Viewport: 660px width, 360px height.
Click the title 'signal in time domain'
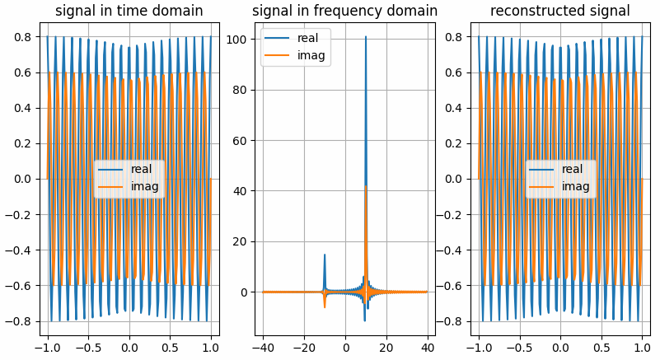point(129,12)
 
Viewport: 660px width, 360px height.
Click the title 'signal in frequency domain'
point(344,12)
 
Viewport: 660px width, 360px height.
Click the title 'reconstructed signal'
point(559,12)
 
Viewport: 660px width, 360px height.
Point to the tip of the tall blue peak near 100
point(366,36)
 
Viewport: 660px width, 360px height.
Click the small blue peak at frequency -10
point(325,255)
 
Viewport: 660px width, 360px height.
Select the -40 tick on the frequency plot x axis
point(264,344)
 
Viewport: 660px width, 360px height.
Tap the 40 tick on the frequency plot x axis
point(427,344)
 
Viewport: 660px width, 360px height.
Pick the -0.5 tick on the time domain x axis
point(88,344)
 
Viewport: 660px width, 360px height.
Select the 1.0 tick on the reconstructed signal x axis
point(642,344)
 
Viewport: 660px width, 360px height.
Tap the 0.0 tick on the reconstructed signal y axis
point(457,179)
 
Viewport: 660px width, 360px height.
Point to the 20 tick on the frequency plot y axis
point(243,242)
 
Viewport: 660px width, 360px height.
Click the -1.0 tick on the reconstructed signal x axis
point(479,344)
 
